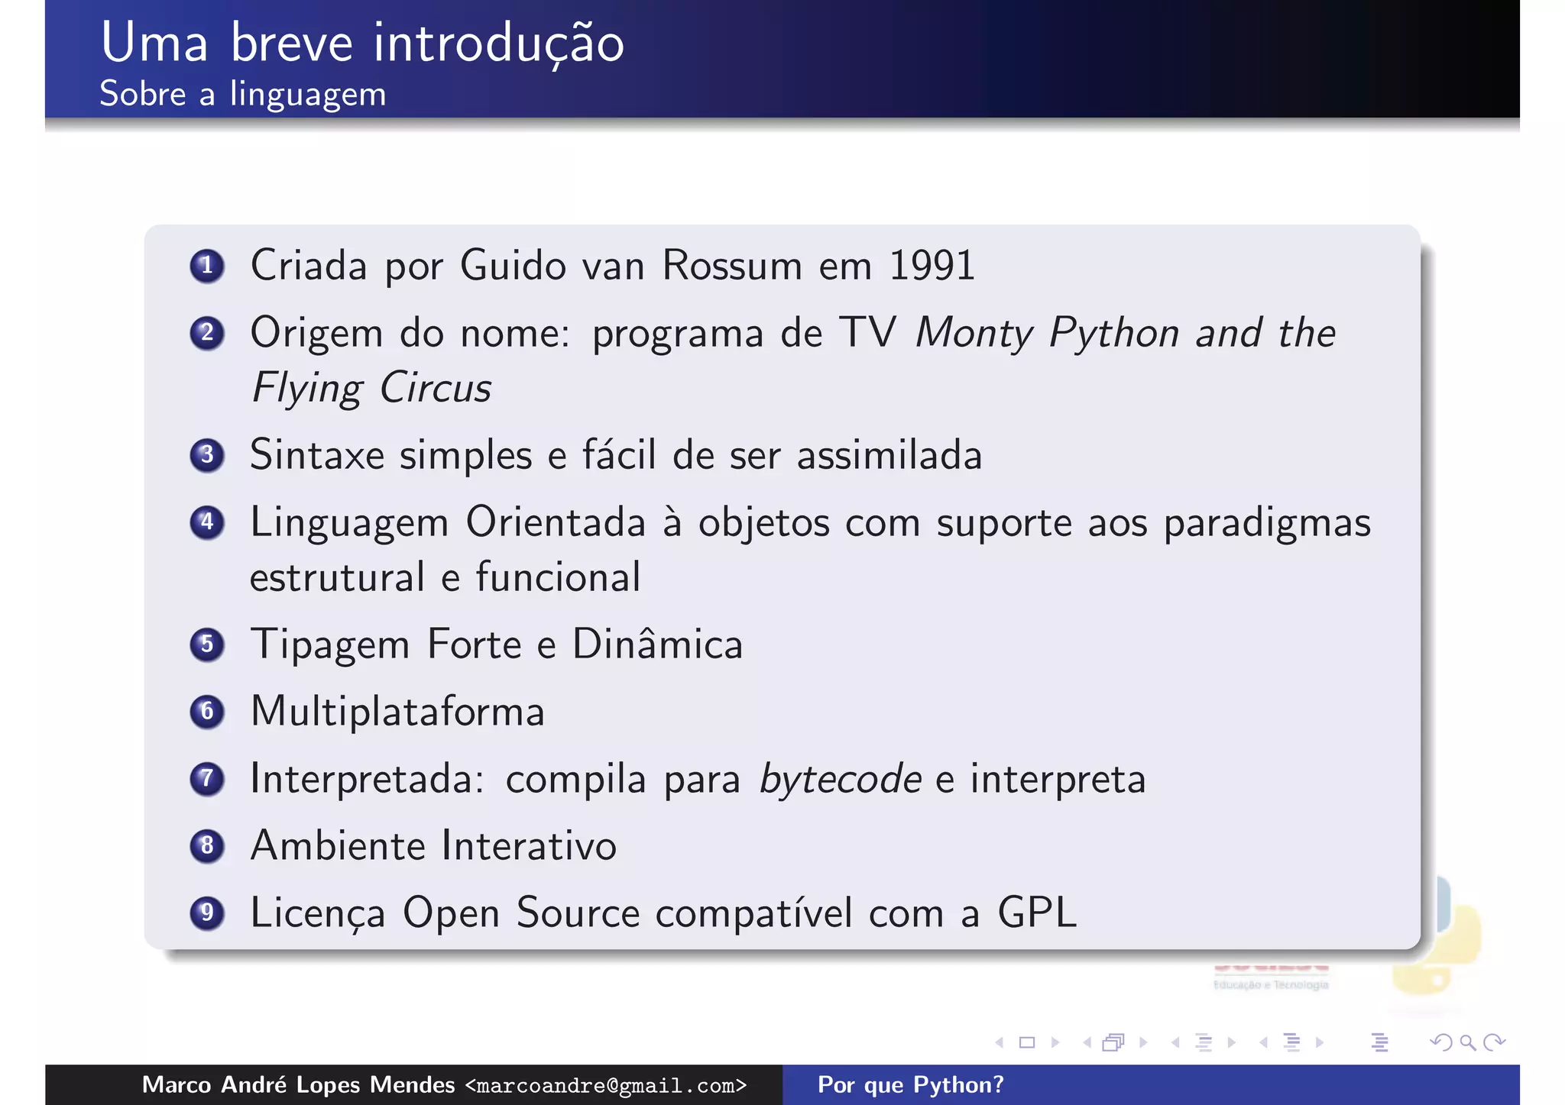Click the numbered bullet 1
pos(206,267)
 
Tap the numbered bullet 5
pos(206,645)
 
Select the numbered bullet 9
pos(206,913)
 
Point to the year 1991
pos(932,267)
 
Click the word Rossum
pos(731,267)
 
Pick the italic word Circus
pos(435,389)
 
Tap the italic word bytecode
pos(840,780)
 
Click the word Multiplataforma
pos(397,712)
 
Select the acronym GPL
pos(1037,913)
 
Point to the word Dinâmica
pos(657,645)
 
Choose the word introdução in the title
pos(499,43)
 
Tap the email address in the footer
pos(605,1085)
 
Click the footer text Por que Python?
pos(910,1085)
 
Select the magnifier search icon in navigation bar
pos(1466,1042)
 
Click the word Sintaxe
pos(317,456)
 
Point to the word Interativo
pos(529,846)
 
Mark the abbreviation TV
pos(867,334)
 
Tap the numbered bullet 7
pos(206,779)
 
